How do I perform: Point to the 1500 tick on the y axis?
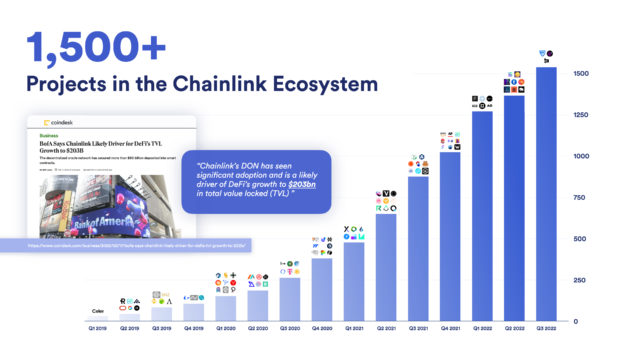coord(580,74)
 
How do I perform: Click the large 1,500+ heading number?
coord(85,46)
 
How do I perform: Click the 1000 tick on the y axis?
coord(580,156)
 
